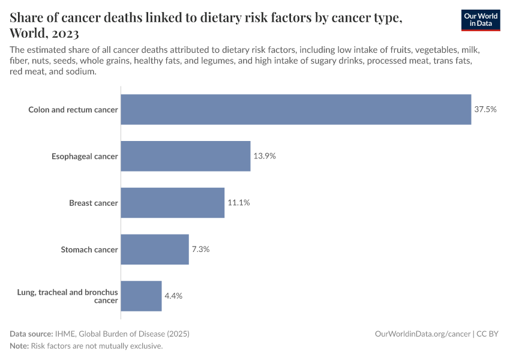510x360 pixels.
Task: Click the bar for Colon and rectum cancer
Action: point(296,109)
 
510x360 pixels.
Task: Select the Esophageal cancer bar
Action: point(185,156)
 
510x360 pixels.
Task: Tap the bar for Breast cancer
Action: point(172,203)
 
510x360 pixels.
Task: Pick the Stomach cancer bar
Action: point(155,250)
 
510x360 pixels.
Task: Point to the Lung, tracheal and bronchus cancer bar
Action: point(141,296)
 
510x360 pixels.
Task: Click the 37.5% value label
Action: point(485,109)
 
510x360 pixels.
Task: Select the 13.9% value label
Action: point(265,156)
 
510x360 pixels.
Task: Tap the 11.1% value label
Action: point(238,203)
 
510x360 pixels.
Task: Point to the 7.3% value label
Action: point(200,250)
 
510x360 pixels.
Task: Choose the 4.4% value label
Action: point(173,296)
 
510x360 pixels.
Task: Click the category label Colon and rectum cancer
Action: point(73,110)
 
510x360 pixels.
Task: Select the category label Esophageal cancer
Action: point(85,157)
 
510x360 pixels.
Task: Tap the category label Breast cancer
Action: point(94,203)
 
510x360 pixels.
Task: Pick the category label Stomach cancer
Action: point(89,250)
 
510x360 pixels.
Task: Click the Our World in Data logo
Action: point(481,20)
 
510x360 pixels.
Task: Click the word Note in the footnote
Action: point(19,346)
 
